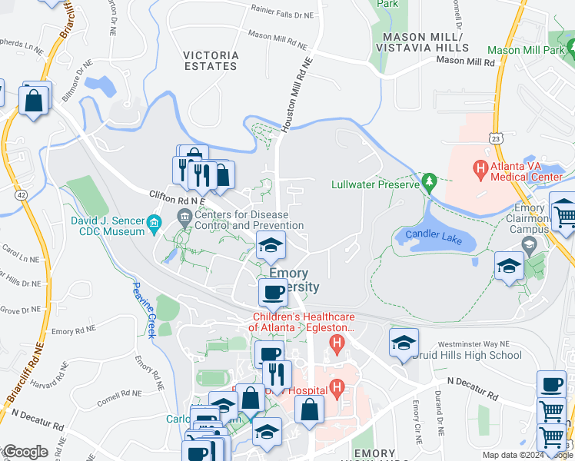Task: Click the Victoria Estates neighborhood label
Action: click(x=211, y=61)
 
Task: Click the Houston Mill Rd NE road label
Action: click(x=296, y=96)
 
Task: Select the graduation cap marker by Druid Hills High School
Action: click(x=403, y=343)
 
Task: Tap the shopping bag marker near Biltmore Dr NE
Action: click(x=35, y=99)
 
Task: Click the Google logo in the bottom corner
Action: click(x=25, y=452)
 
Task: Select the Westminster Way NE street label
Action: click(x=474, y=344)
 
